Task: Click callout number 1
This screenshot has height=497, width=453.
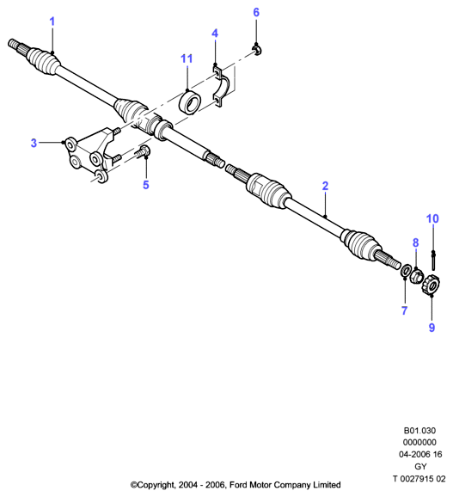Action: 52,21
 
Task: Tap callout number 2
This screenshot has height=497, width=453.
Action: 325,186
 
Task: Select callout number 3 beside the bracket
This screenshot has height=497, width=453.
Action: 34,143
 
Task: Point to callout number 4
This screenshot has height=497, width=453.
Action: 215,33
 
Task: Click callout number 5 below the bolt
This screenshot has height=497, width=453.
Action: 146,185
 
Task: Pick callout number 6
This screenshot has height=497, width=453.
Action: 256,12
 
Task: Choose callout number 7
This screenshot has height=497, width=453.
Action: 404,310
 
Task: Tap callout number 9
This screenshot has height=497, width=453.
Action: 432,328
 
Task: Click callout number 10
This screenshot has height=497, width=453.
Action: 432,218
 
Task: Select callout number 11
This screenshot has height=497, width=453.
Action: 187,58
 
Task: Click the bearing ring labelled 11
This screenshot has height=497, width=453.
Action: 190,101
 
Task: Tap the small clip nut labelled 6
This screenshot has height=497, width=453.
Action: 257,51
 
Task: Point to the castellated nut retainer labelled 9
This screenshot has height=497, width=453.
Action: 431,284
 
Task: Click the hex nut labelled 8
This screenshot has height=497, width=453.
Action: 417,275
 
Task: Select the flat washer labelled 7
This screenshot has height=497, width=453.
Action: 406,270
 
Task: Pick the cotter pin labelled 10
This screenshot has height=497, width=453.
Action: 433,261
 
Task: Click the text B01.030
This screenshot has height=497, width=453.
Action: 419,431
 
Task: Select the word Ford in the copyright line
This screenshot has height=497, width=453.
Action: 238,485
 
